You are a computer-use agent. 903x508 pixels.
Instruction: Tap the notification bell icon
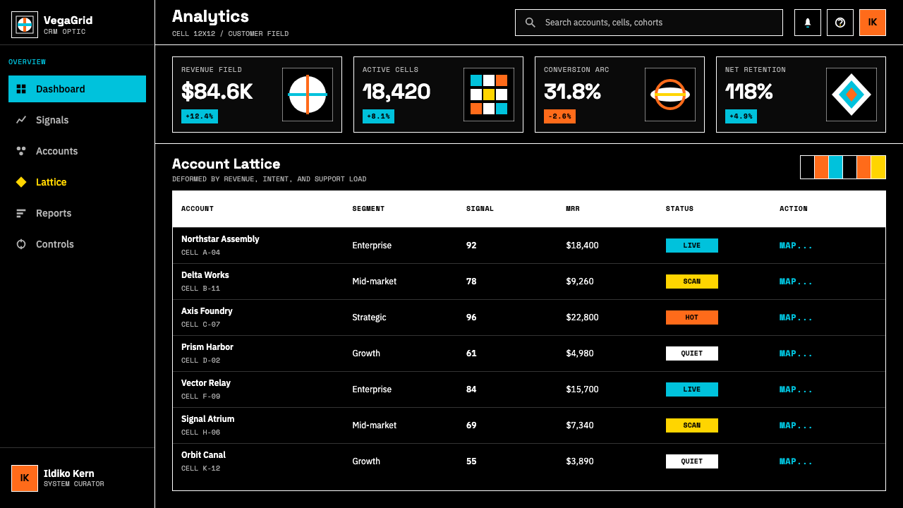point(808,23)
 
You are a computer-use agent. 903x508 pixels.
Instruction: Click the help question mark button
point(840,23)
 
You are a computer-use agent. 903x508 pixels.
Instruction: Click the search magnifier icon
point(530,23)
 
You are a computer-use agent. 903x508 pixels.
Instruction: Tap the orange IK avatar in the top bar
point(873,23)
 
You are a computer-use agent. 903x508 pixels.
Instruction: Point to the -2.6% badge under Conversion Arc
point(559,116)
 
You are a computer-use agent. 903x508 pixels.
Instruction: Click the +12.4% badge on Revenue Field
point(200,116)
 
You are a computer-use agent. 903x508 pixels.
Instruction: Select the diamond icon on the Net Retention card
point(852,95)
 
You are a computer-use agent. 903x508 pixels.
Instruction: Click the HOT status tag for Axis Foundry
point(692,317)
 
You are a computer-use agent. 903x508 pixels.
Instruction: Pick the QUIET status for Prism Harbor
point(692,353)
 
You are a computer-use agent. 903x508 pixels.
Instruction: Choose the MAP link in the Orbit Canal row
point(795,461)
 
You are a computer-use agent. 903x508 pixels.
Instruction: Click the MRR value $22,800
point(582,317)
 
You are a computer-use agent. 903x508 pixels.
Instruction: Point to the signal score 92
point(471,246)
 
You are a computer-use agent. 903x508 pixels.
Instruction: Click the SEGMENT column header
point(368,209)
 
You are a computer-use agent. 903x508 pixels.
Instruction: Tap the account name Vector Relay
point(205,383)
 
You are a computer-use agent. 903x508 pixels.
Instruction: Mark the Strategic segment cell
point(369,317)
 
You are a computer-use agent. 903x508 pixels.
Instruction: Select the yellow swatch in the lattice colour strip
point(878,167)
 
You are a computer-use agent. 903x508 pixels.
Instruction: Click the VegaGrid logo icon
point(25,25)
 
